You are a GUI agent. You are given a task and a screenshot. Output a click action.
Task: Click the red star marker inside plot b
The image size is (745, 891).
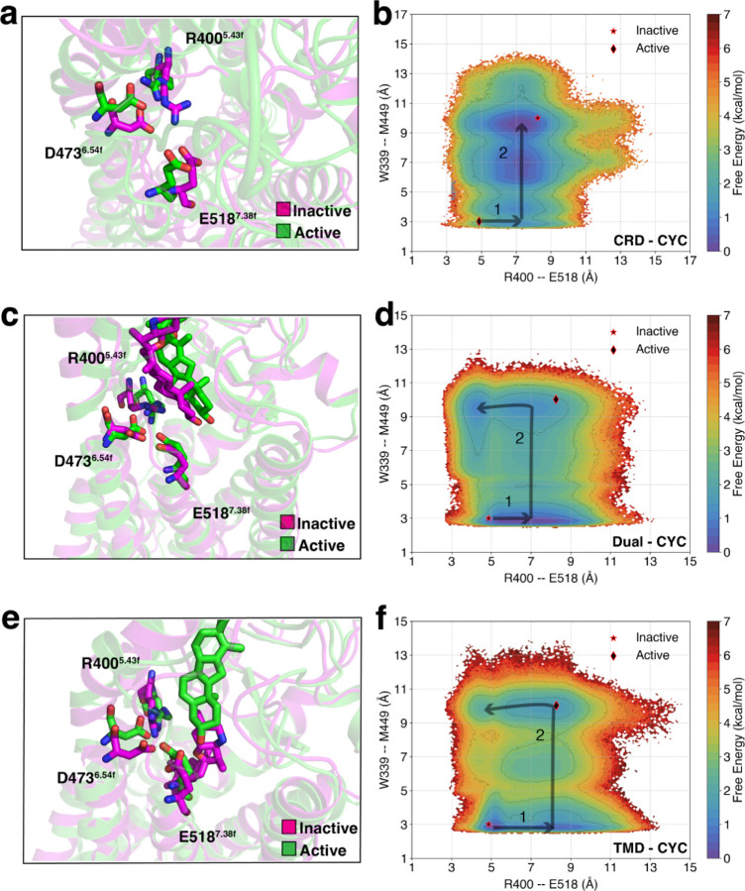[538, 118]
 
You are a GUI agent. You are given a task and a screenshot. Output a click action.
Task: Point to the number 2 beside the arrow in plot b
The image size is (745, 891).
[502, 154]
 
